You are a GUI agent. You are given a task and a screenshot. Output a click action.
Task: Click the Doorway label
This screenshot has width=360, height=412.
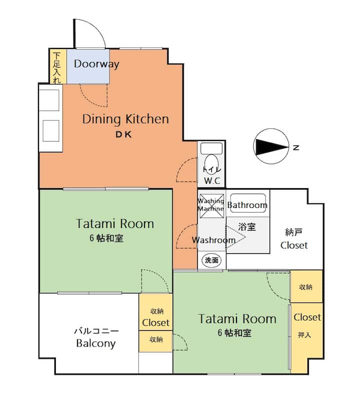coord(96,64)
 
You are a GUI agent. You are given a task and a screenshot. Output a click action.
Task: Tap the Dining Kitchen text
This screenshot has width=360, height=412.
coord(125,119)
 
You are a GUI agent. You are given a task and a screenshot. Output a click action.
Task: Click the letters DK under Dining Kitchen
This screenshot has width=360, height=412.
coord(123,135)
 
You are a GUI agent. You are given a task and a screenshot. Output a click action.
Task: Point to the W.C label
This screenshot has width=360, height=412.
coord(212,181)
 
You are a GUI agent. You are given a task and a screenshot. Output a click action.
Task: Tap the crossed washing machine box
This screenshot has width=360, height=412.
coord(212,205)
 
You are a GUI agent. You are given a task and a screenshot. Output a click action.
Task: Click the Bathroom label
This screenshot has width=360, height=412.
coord(247,205)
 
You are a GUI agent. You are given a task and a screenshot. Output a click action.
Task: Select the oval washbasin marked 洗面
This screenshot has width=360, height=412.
coord(211,260)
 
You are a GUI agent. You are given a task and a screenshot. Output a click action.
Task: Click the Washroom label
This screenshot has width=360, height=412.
coord(213,240)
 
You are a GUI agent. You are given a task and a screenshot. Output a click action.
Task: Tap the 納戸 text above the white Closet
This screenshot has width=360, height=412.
coord(293,232)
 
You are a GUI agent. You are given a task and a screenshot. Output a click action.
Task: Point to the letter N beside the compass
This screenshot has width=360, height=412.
coord(296,147)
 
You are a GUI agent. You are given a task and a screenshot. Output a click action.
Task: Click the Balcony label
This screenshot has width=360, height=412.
coord(96,343)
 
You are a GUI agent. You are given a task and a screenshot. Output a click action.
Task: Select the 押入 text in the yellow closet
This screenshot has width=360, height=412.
coord(304,335)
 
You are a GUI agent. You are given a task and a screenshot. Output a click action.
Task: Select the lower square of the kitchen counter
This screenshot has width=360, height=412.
coord(50,131)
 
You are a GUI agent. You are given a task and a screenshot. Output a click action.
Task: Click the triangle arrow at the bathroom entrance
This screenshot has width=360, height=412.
coord(235,237)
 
